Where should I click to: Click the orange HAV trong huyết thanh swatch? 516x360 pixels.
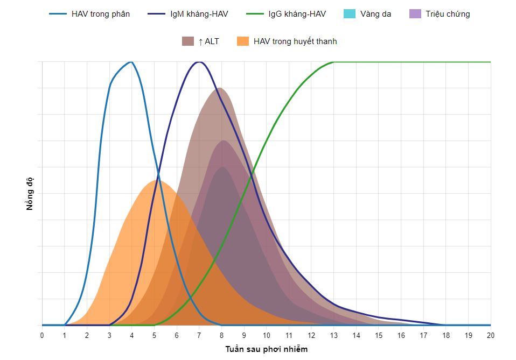(243, 41)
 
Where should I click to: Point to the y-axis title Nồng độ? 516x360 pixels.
(30, 193)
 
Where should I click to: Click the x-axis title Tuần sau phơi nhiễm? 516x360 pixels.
(266, 349)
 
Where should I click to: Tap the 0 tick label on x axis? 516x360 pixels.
(42, 335)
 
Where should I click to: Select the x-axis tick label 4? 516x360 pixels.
(132, 335)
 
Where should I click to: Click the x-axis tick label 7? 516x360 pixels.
(199, 335)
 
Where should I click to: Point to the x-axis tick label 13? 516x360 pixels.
(334, 335)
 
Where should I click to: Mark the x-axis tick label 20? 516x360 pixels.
(491, 335)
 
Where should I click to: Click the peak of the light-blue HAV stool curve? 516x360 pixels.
(131, 62)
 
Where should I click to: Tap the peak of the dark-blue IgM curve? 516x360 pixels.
(199, 62)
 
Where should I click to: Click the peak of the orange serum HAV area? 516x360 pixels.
(156, 180)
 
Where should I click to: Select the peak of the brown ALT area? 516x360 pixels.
(218, 88)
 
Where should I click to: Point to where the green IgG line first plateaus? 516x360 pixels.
(334, 62)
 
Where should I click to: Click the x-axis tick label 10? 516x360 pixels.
(267, 335)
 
